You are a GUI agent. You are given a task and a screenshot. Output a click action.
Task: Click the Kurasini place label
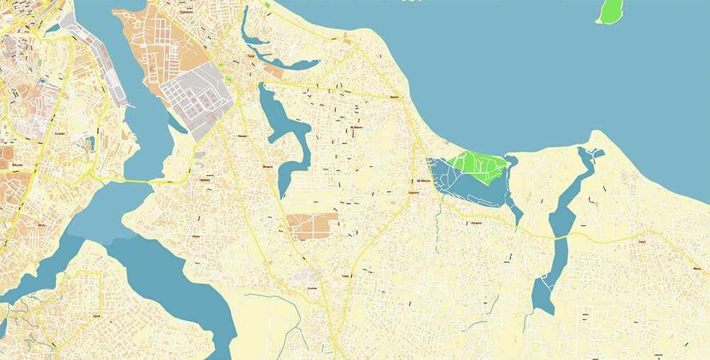48,133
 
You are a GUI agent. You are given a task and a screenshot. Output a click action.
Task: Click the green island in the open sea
608,11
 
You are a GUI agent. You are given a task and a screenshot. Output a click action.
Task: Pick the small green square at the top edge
268,5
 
